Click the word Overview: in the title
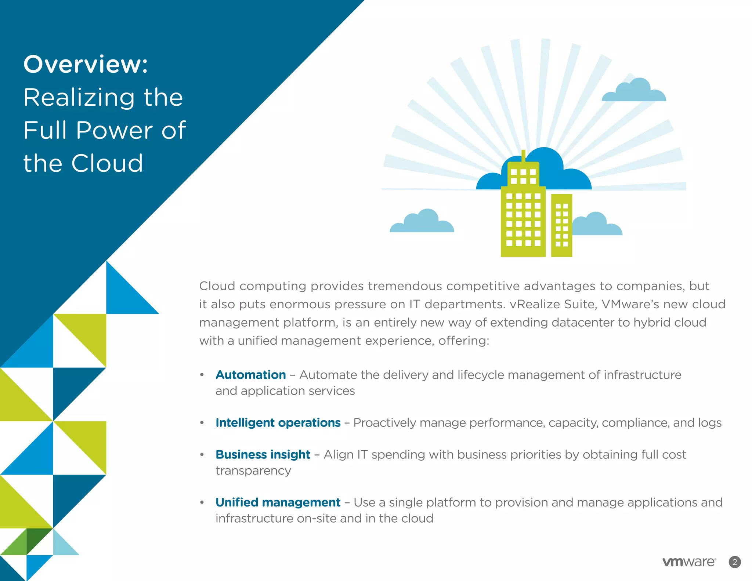[x=86, y=64]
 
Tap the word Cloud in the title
[x=107, y=163]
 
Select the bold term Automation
[x=250, y=375]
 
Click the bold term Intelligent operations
[x=278, y=423]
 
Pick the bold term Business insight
[x=263, y=454]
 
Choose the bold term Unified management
[x=278, y=502]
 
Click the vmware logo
[x=689, y=562]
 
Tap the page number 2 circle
[x=734, y=562]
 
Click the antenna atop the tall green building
[x=523, y=156]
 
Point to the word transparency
[x=253, y=471]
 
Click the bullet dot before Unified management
[x=202, y=502]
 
